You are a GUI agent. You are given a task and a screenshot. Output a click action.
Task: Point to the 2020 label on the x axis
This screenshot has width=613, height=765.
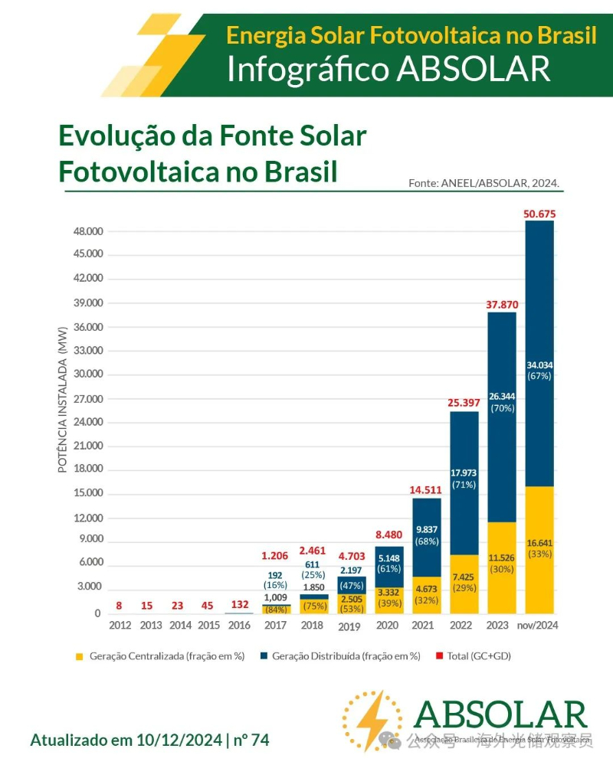(x=387, y=625)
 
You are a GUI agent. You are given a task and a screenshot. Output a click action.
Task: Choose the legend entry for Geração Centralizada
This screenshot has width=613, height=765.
(x=160, y=656)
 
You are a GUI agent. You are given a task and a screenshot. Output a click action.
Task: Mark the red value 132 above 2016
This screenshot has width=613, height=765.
(x=240, y=606)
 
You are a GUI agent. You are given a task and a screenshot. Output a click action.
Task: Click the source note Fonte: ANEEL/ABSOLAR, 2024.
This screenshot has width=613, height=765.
(x=484, y=183)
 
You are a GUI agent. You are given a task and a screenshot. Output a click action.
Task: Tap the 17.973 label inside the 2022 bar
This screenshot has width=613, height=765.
(x=464, y=472)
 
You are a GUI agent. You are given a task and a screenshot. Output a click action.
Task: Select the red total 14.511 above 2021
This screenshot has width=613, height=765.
(x=425, y=489)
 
